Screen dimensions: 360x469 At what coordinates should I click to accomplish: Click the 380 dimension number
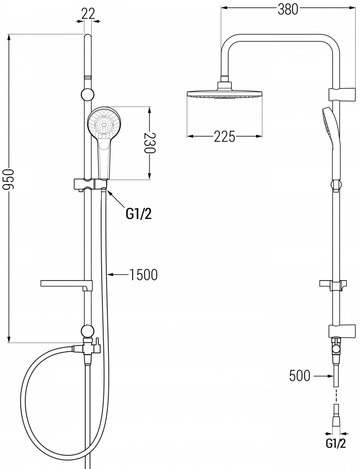(288, 9)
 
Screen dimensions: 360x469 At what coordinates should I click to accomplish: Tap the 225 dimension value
(224, 136)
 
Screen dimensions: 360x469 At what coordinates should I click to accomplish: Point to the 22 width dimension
(89, 14)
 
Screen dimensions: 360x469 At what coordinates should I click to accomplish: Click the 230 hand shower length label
(150, 143)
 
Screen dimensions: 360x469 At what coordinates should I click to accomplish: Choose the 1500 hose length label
(143, 275)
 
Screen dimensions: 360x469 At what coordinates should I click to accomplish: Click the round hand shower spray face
(104, 124)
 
